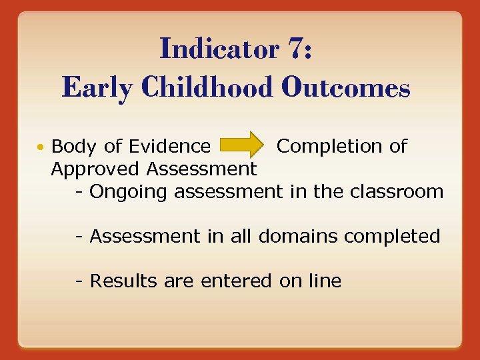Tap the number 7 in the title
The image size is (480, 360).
coord(298,49)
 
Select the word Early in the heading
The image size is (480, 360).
coord(96,87)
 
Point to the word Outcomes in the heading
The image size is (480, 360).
coord(347,87)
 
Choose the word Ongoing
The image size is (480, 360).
coord(129,192)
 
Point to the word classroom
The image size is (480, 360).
coord(400,192)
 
